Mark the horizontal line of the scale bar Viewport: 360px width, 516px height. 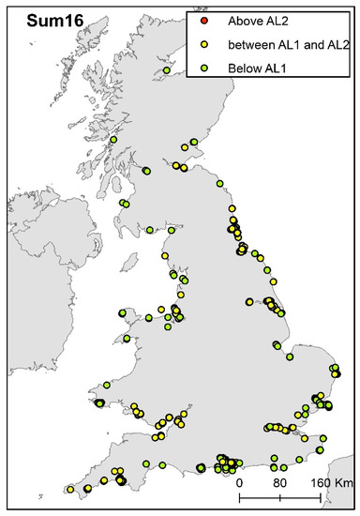click(x=278, y=494)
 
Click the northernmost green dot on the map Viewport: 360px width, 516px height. click(x=167, y=68)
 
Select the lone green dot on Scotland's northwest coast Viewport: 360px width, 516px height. click(x=113, y=140)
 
